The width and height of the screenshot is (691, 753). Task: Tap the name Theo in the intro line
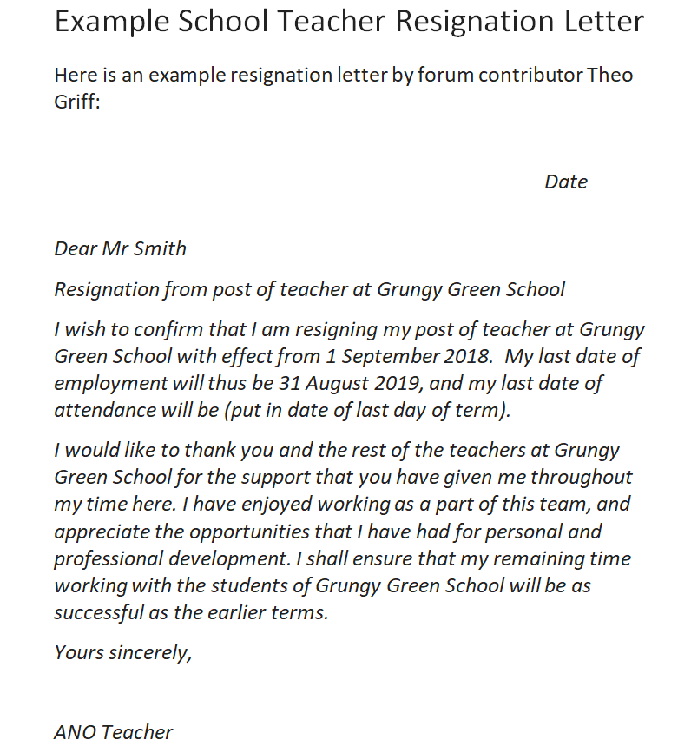[x=610, y=75]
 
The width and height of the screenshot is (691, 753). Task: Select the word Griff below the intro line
[x=75, y=102]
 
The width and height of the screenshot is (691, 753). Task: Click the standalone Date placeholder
[x=566, y=182]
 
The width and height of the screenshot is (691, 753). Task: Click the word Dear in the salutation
[x=76, y=248]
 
